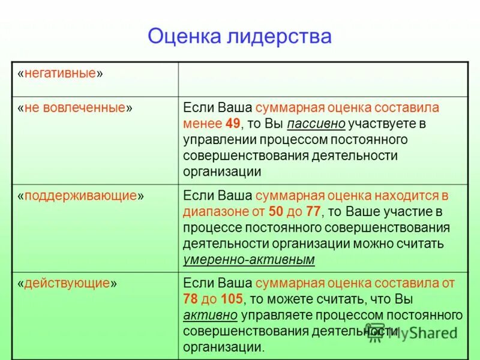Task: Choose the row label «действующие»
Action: (67, 283)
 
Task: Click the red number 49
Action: (232, 124)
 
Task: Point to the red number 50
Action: (275, 212)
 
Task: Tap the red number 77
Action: (313, 212)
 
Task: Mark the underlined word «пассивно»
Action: (316, 124)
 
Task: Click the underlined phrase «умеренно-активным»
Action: (248, 260)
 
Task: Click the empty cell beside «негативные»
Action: (323, 78)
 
